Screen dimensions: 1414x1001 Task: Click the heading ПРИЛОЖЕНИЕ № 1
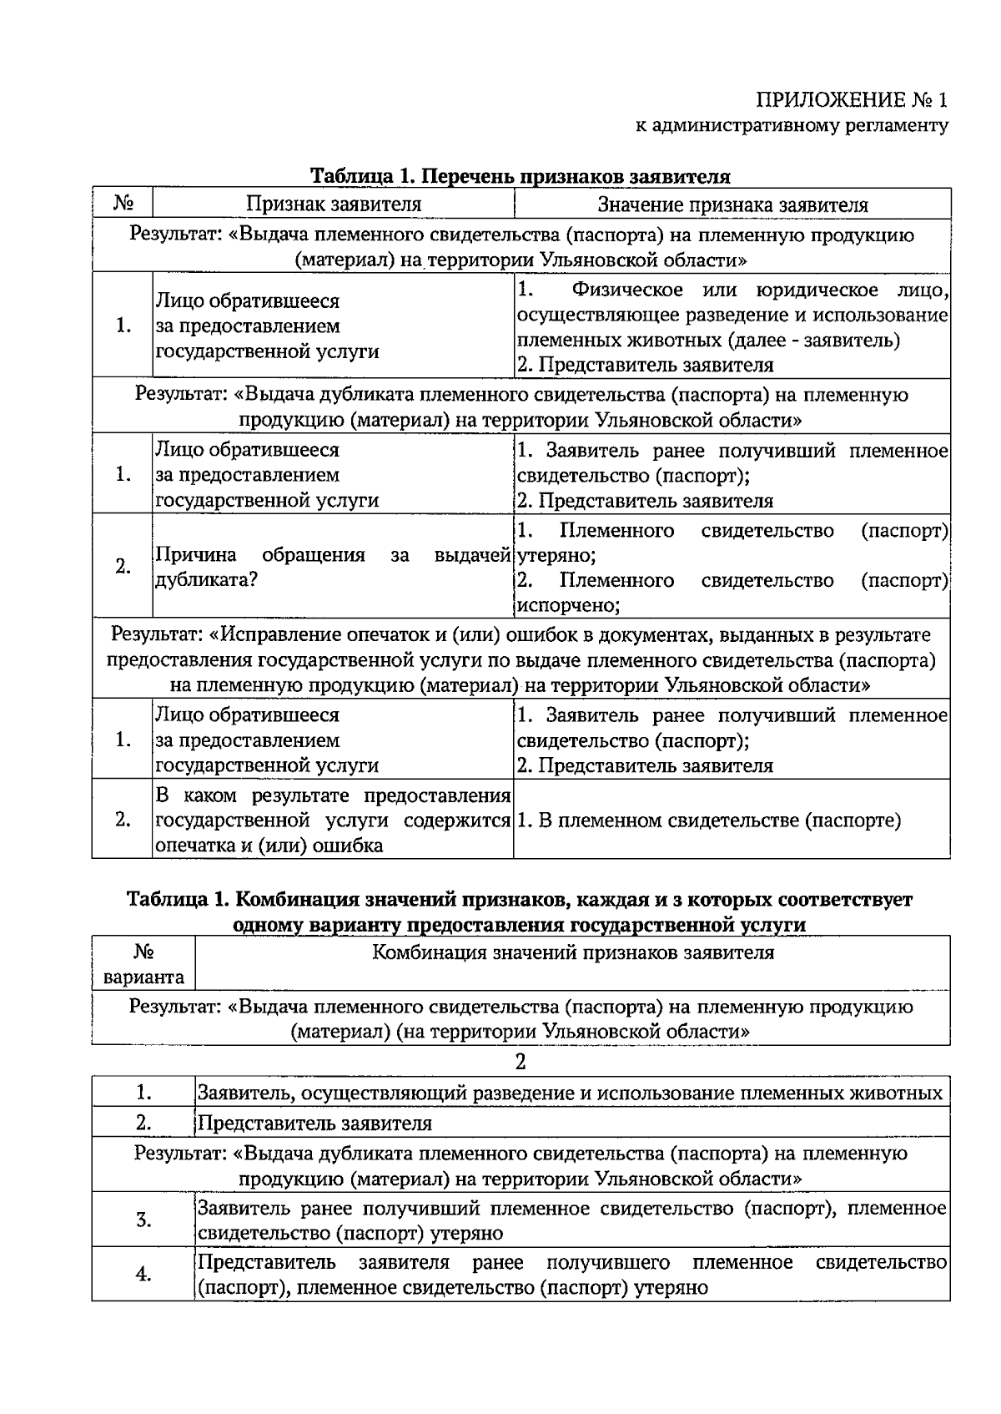852,101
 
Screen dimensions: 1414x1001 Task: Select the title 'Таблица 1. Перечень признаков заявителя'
521,176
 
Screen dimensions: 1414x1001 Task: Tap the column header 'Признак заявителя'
333,205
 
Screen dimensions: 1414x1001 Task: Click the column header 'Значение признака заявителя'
732,205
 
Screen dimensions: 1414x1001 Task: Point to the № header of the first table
123,204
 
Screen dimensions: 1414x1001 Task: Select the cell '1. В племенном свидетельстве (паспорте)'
709,821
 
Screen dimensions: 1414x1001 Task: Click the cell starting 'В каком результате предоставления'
333,821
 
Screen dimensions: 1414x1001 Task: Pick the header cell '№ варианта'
143,965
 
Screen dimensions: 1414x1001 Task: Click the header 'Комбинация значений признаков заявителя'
572,953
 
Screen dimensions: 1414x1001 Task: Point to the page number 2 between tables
521,1063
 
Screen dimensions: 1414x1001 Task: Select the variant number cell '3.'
143,1220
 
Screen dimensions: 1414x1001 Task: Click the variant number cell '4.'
143,1275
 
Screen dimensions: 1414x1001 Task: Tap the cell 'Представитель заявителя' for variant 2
314,1124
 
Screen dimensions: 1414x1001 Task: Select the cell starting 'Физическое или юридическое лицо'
732,327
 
